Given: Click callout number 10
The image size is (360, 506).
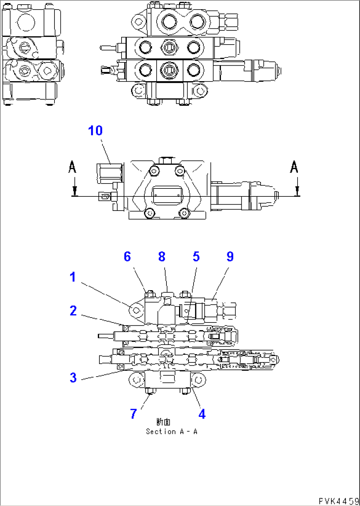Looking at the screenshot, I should pos(95,131).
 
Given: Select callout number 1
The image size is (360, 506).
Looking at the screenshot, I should pos(73,277).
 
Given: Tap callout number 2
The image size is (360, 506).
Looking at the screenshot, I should pos(73,311).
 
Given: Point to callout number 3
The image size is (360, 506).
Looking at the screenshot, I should pos(73,377).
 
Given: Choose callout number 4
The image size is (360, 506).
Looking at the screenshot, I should pos(202,414).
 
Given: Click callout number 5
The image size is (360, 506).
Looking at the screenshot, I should pos(196,256).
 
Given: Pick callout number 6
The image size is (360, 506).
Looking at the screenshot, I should pos(127,256).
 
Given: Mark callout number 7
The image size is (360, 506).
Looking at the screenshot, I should pos(133,414).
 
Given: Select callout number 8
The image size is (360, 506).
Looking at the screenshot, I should pos(162,256).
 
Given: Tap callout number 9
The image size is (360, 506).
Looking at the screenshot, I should pos(230,256).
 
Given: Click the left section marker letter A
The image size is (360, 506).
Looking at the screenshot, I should pos(72,167).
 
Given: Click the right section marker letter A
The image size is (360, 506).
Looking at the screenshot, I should pos(294,167).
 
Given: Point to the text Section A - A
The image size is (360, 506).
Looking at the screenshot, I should pos(171,431).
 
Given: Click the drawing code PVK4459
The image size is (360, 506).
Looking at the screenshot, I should pos(339,501).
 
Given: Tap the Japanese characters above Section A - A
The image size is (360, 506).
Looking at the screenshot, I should pos(163,422).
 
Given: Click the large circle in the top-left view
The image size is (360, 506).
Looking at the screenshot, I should pos(26,22).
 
